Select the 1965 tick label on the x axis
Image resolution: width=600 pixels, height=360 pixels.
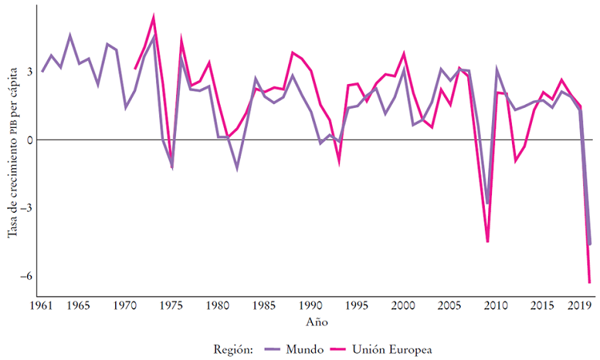tap(79, 306)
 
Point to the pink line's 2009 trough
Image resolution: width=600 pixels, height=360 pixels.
tap(487, 242)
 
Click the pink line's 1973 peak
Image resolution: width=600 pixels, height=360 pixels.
tap(154, 16)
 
